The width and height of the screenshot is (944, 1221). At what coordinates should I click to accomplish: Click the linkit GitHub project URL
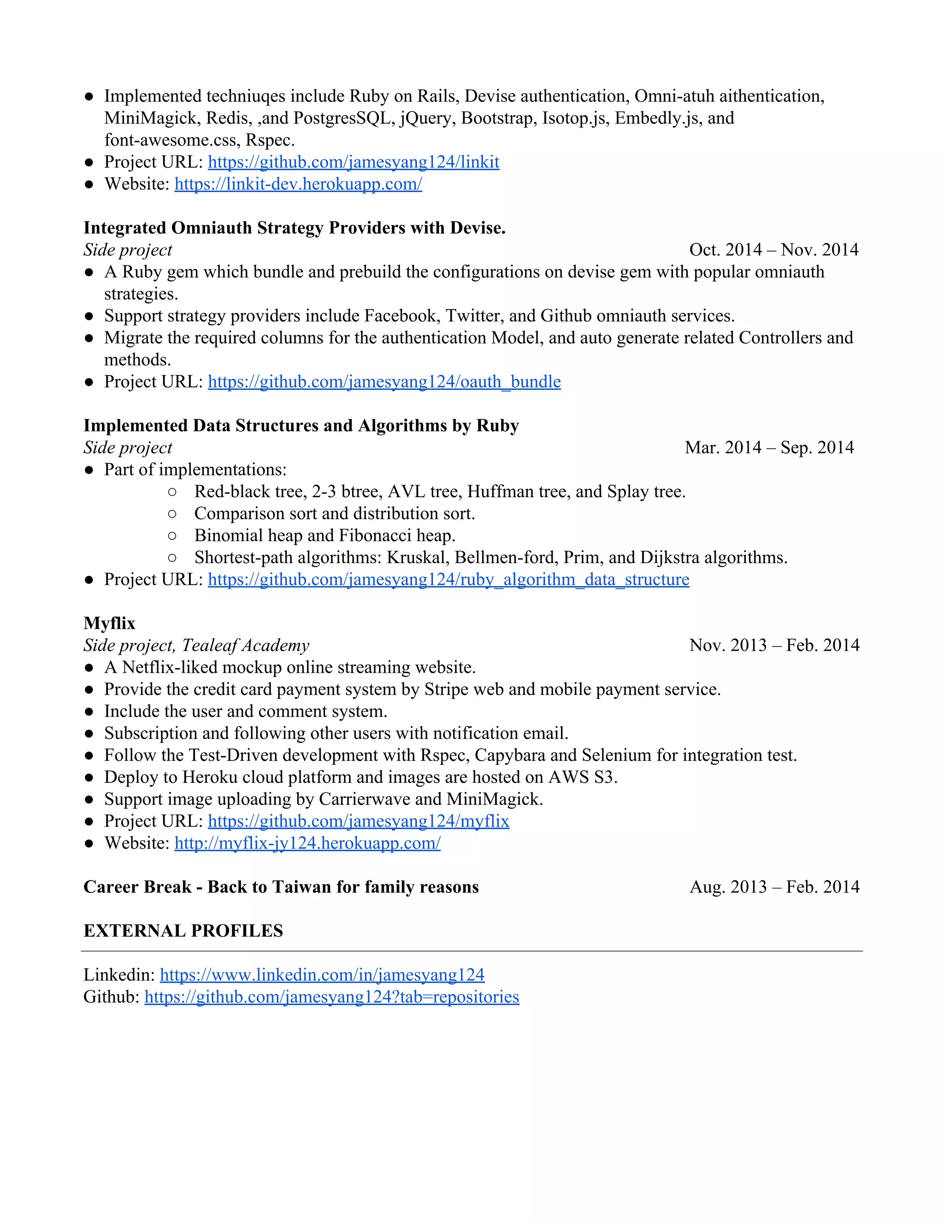click(354, 162)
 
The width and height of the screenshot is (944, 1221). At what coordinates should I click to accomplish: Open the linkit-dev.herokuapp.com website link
click(298, 184)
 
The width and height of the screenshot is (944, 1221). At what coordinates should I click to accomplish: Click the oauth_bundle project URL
click(384, 382)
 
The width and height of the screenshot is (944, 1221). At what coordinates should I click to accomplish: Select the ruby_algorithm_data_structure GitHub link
click(448, 580)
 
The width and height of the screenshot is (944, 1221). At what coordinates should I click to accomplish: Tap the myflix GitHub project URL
click(359, 821)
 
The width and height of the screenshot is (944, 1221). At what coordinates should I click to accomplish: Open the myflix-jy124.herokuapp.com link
click(307, 843)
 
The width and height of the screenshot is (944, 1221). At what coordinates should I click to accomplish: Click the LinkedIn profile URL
click(322, 975)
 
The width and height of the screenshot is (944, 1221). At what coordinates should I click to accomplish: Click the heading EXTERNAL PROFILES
click(183, 931)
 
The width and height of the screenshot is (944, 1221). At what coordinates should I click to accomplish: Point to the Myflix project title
click(110, 623)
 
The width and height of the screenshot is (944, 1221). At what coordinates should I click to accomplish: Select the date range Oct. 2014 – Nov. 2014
click(773, 250)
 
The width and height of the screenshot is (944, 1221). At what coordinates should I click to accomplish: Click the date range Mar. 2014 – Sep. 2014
click(769, 448)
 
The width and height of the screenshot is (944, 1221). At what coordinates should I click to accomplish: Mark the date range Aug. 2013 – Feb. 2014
click(774, 887)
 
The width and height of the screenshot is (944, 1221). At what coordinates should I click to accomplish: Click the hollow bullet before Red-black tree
click(172, 492)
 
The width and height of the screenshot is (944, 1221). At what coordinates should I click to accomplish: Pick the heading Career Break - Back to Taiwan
click(281, 887)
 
